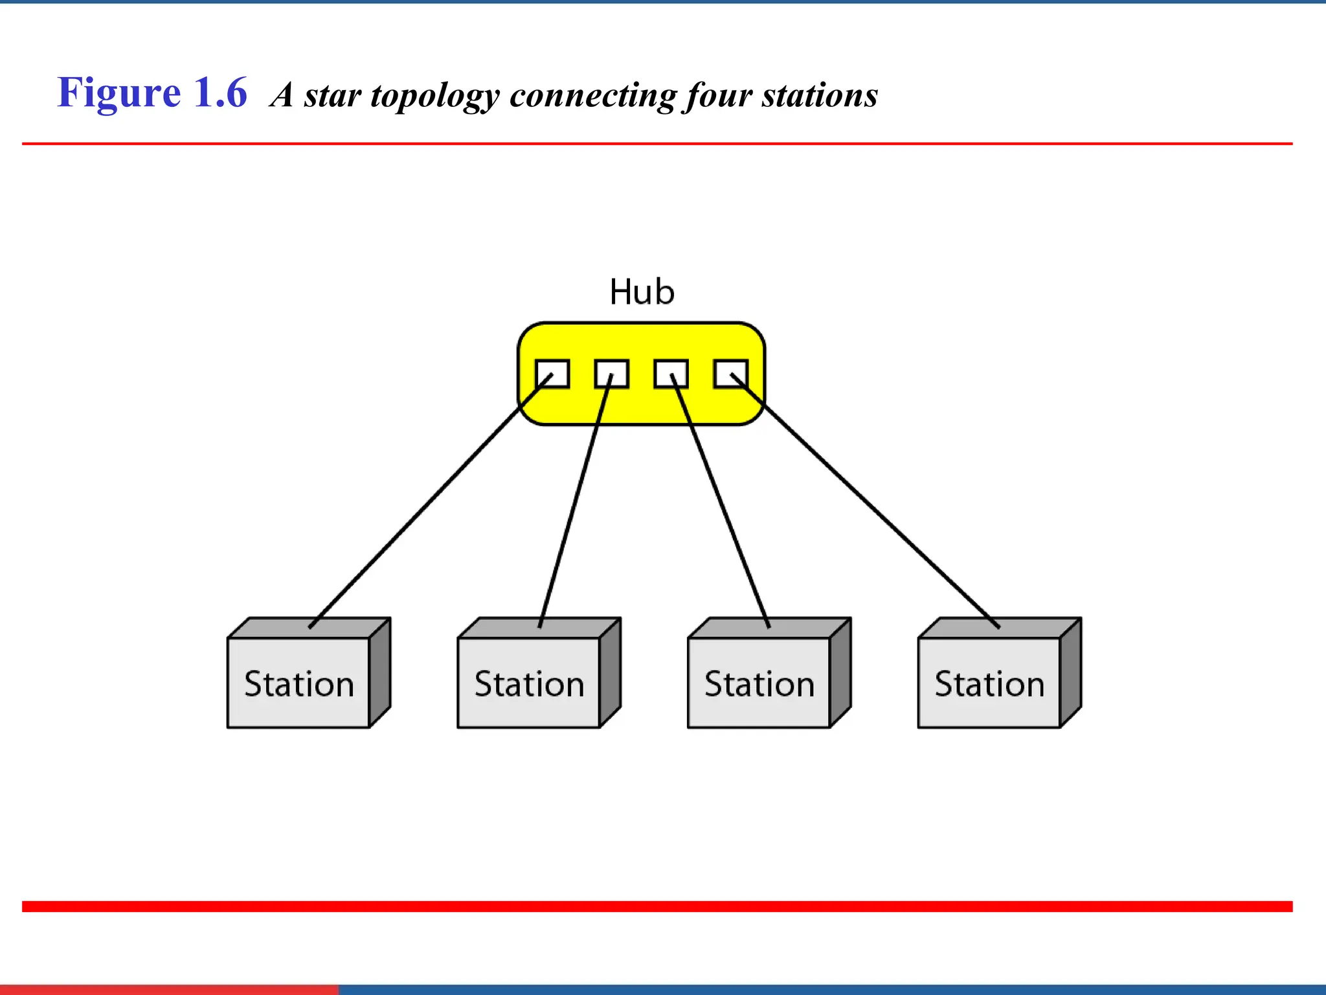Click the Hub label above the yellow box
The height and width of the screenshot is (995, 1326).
[x=642, y=292]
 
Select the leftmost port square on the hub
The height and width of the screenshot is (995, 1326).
[x=552, y=374]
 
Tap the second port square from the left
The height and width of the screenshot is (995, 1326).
[x=612, y=374]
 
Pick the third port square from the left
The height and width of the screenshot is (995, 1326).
[x=671, y=374]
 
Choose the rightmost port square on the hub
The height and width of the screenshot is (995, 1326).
[x=730, y=374]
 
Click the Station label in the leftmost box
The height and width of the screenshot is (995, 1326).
[x=299, y=684]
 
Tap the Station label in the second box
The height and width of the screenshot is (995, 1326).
[x=529, y=684]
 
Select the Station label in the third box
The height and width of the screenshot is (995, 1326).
[x=759, y=684]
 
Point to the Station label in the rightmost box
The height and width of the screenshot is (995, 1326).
[x=989, y=684]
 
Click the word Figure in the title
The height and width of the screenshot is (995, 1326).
[x=119, y=93]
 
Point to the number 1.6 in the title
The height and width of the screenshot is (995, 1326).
[x=221, y=93]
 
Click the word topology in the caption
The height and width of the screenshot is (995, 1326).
[x=434, y=96]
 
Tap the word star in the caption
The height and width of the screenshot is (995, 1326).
[x=332, y=95]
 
